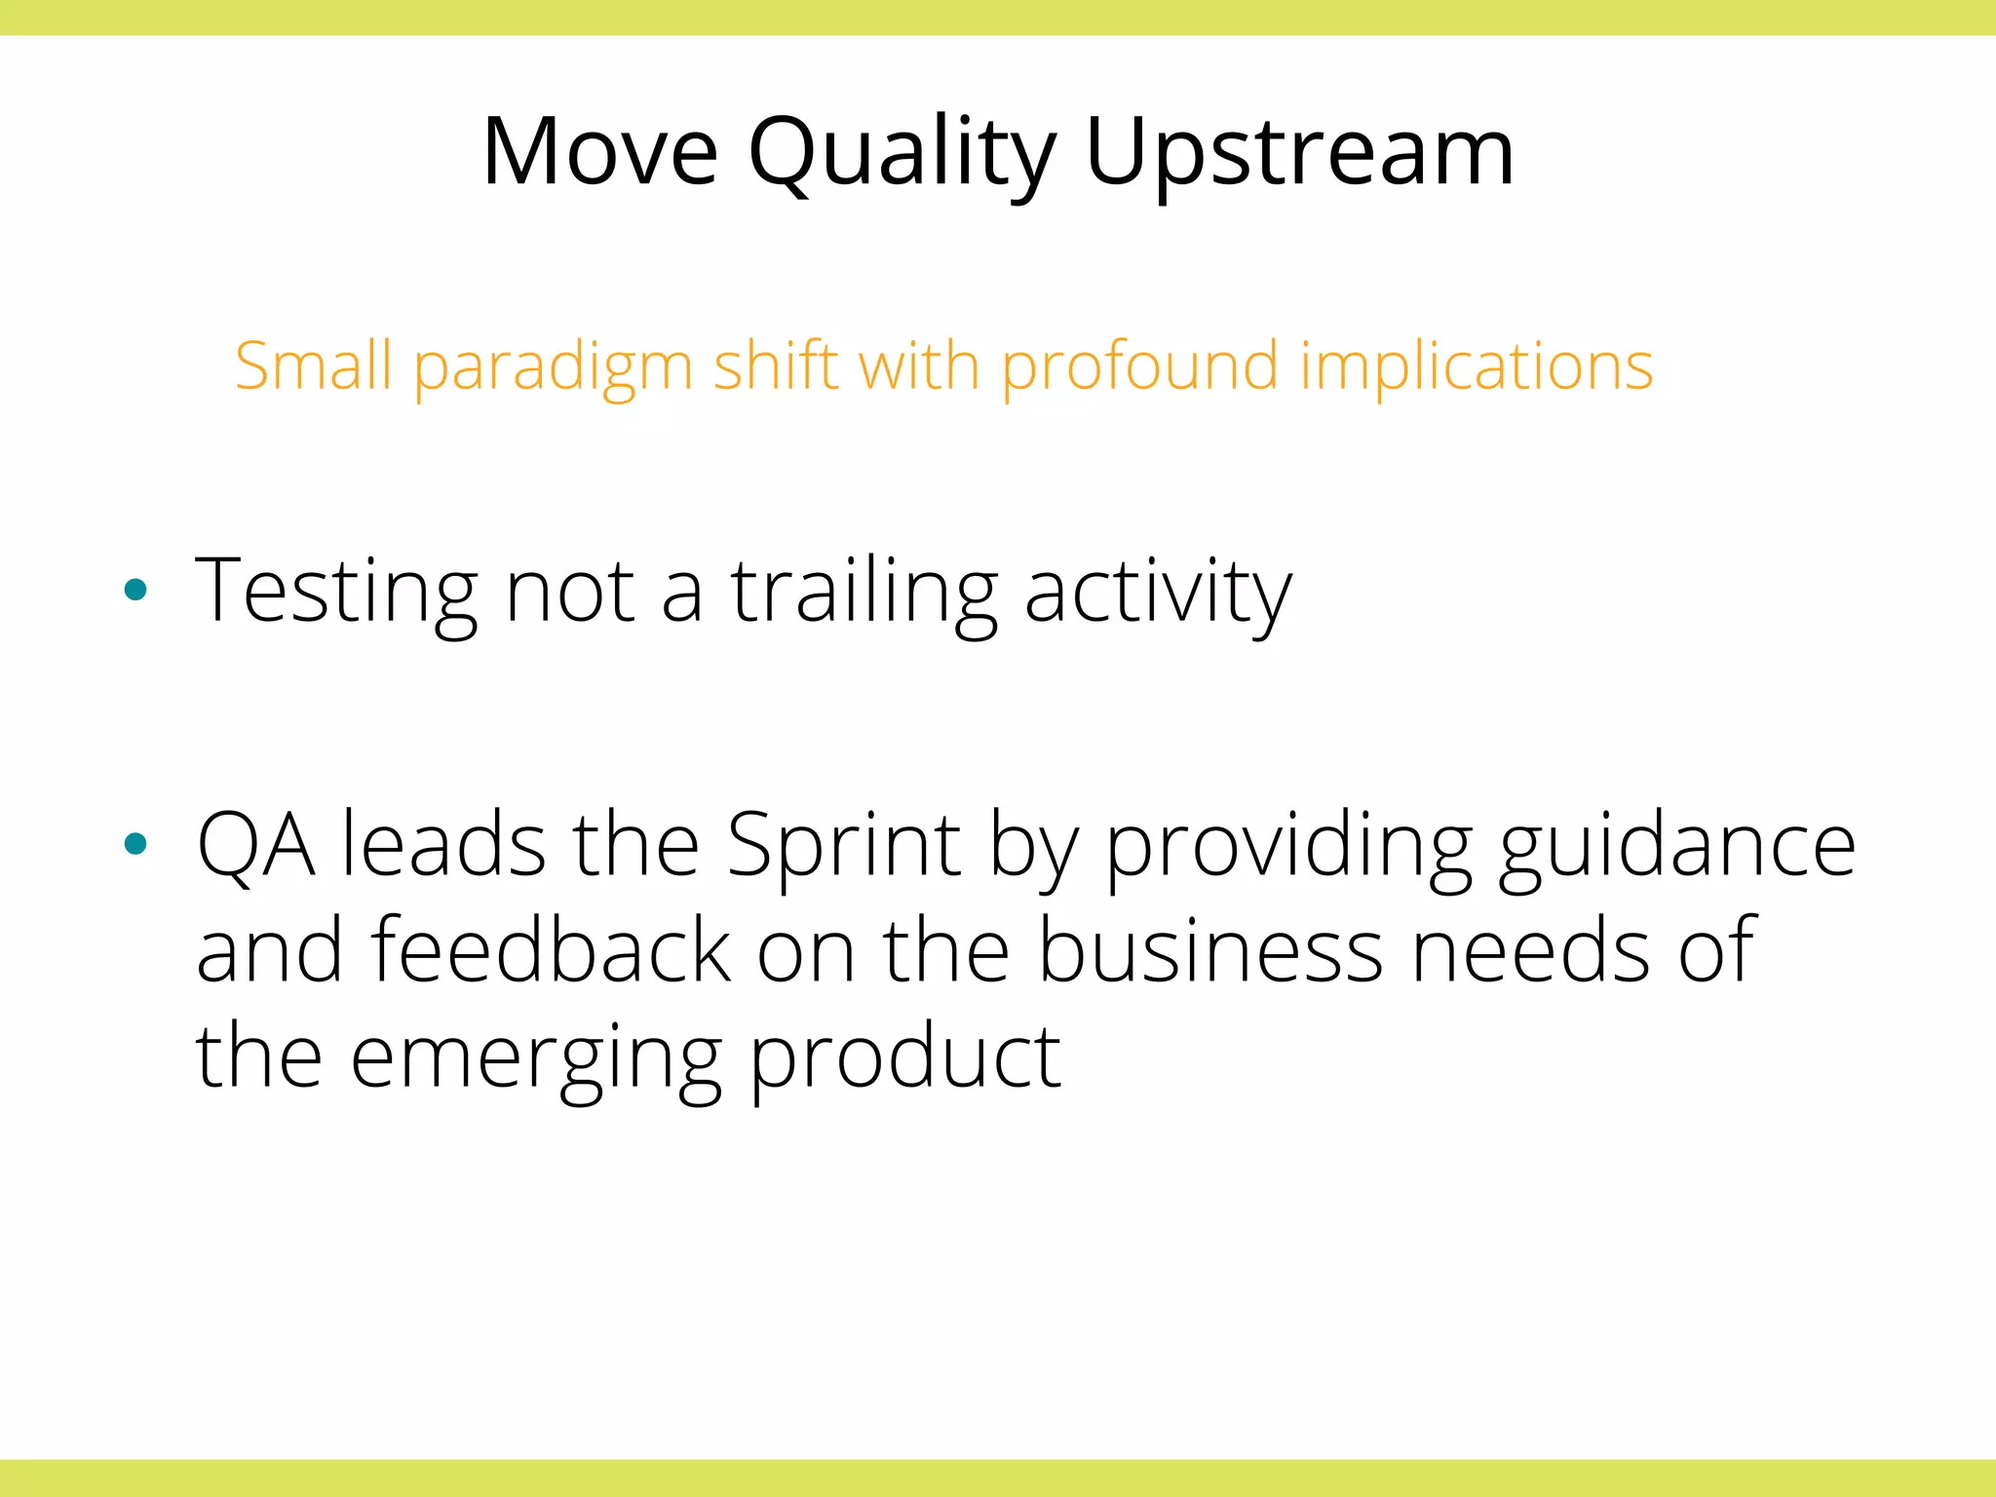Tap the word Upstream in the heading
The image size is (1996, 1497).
click(1299, 154)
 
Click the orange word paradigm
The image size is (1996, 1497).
click(553, 367)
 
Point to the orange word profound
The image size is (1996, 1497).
click(1139, 366)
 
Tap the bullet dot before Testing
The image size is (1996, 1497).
click(135, 589)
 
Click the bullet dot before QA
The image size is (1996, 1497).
click(135, 844)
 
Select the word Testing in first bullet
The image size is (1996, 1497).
click(335, 591)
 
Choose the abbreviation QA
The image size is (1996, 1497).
click(255, 845)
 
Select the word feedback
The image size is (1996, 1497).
click(550, 950)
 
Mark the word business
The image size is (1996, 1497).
click(1209, 950)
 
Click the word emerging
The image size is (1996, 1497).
click(535, 1058)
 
